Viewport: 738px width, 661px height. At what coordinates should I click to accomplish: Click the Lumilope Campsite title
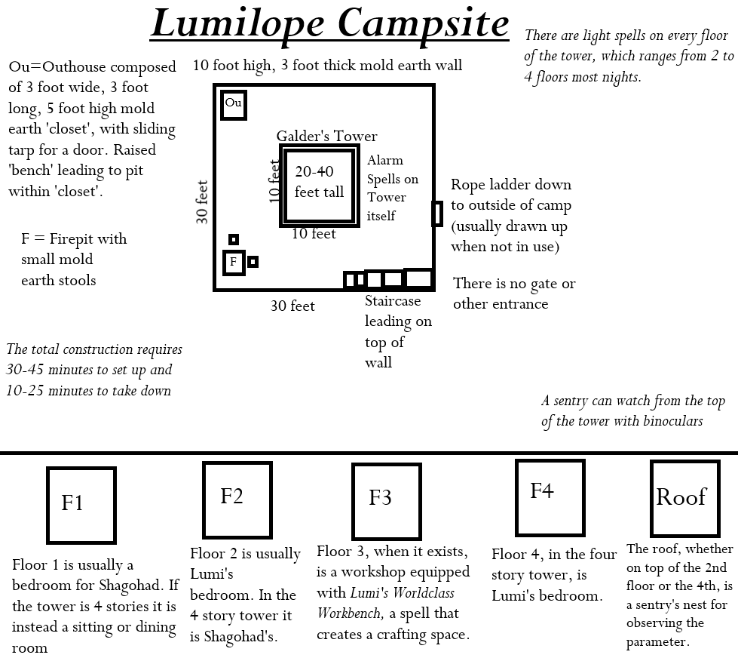330,24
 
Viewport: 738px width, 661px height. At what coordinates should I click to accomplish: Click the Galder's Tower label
326,136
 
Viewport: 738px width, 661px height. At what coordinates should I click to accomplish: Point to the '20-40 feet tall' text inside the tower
319,181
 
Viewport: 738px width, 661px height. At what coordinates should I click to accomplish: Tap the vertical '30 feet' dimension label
201,201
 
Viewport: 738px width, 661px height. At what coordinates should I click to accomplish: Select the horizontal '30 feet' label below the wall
292,306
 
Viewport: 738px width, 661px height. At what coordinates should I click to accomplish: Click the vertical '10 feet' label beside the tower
274,181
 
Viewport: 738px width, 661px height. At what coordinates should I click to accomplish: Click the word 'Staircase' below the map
393,300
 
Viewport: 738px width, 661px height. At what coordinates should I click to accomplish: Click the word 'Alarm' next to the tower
385,160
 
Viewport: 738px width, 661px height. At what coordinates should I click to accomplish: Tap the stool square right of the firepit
253,262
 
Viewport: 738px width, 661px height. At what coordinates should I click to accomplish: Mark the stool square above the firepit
234,239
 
